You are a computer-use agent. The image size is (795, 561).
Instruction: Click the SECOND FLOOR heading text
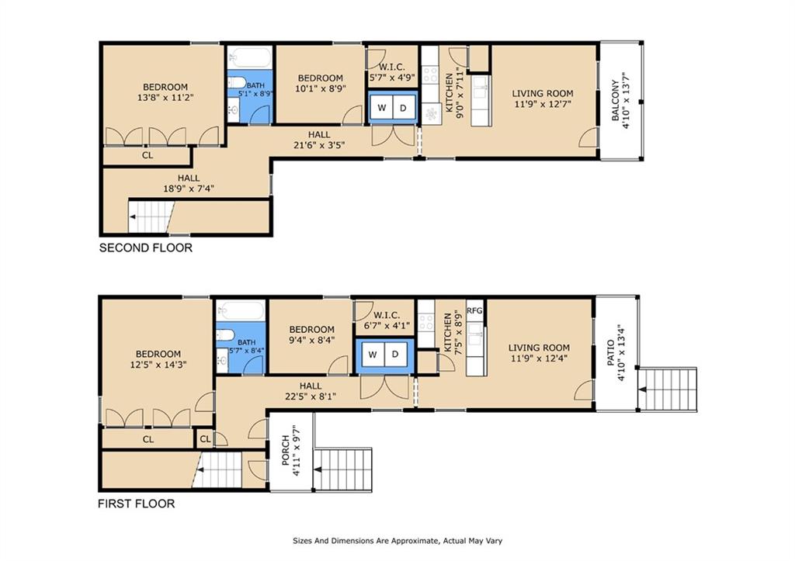pos(145,248)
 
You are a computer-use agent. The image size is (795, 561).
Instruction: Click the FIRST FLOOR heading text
pos(136,504)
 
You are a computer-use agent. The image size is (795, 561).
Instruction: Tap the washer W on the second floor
pos(381,108)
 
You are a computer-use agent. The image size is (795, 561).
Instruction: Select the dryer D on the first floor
pos(394,355)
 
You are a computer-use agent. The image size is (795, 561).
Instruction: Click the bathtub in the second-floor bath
pos(249,57)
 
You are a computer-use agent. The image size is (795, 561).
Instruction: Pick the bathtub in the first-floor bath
pos(240,311)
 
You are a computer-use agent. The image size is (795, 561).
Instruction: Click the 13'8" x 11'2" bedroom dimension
pos(165,99)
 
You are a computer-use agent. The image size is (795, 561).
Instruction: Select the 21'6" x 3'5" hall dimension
pos(319,145)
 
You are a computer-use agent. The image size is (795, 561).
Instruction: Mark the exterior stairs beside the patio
pos(666,389)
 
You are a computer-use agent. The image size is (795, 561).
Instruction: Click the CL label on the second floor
pos(147,155)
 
